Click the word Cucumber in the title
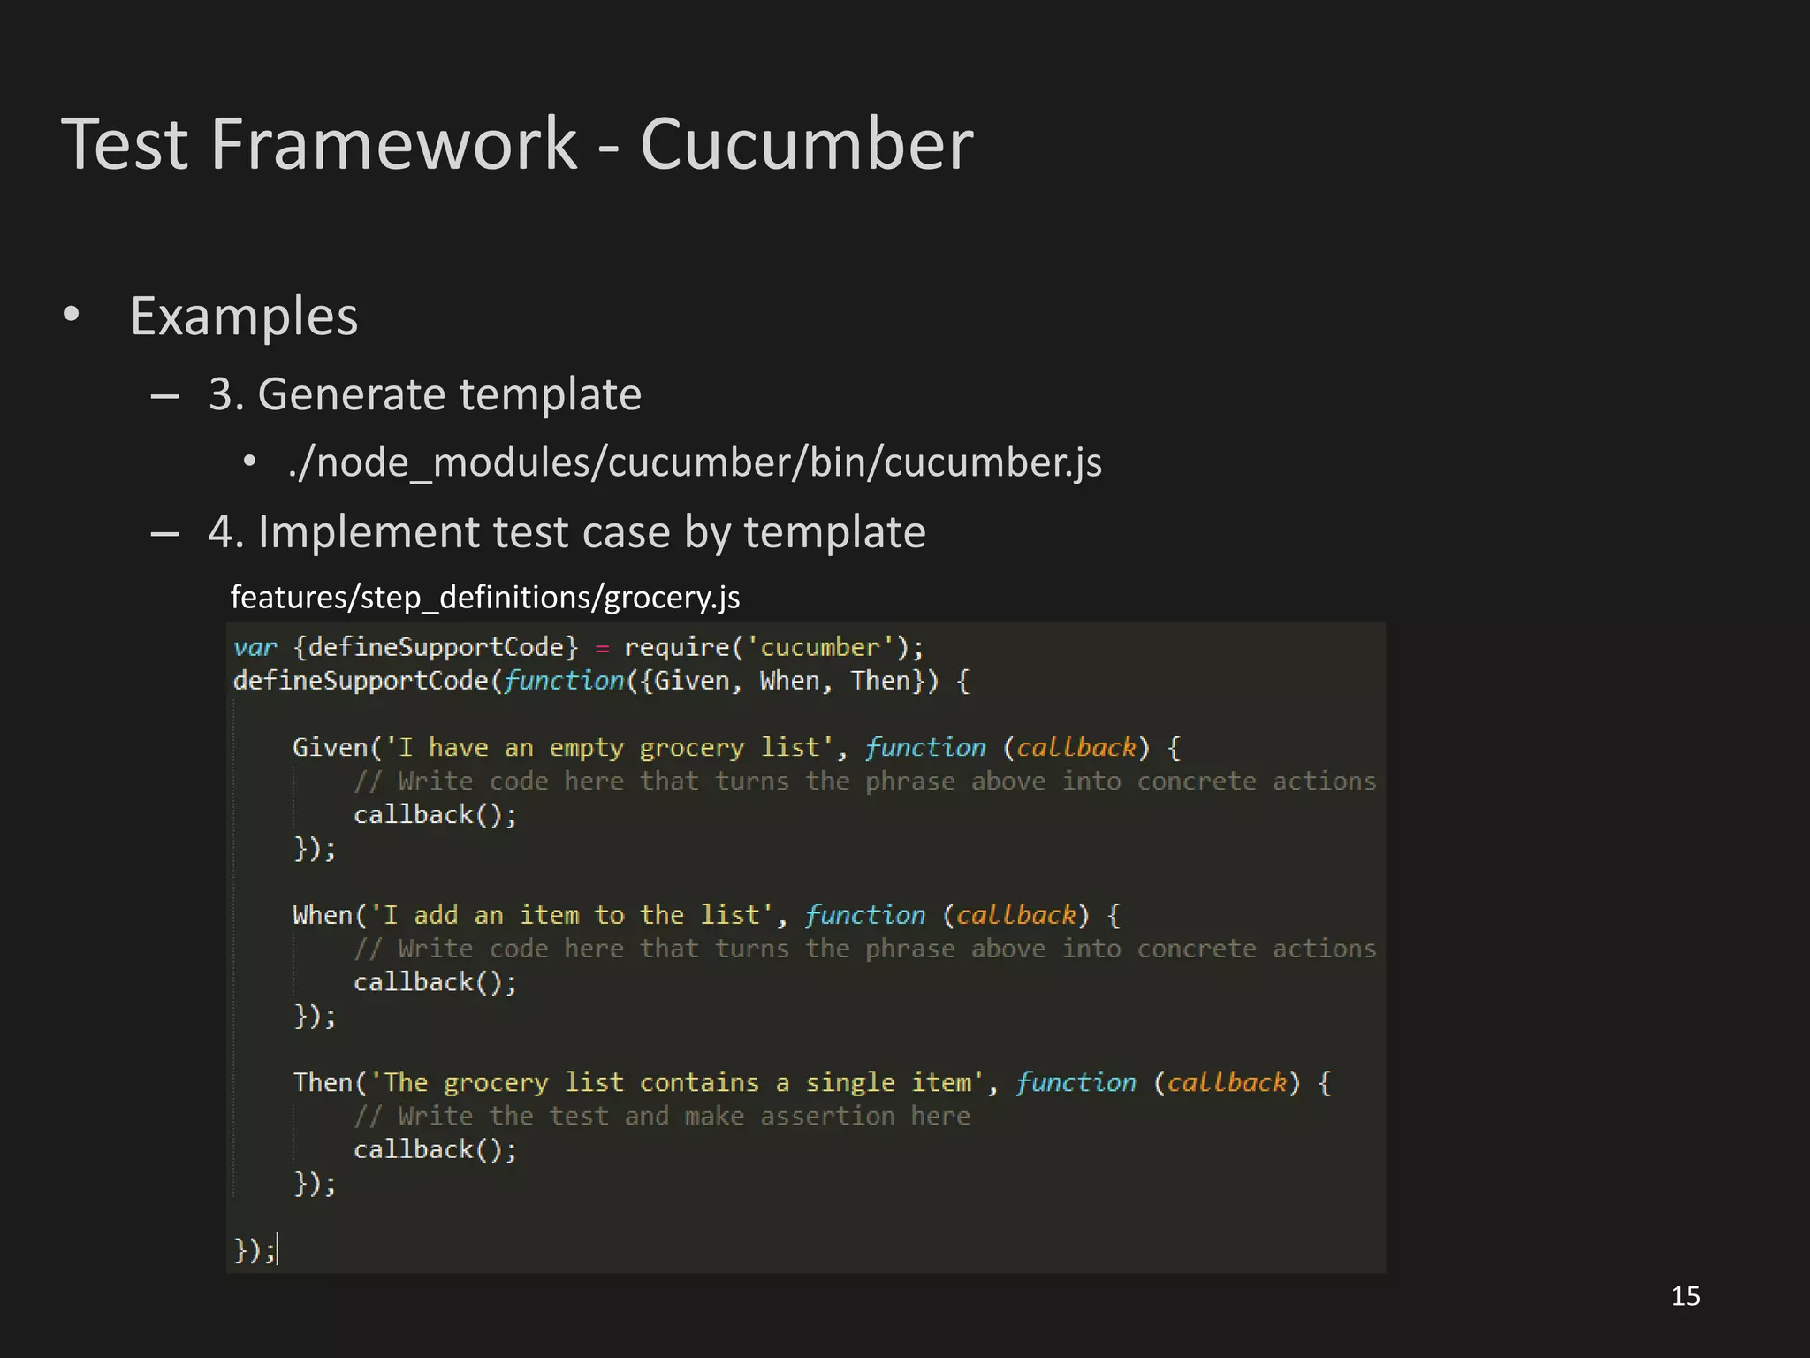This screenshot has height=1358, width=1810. pyautogui.click(x=806, y=144)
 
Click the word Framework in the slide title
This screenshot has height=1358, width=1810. pyautogui.click(x=393, y=144)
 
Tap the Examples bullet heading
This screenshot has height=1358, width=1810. pyautogui.click(x=244, y=316)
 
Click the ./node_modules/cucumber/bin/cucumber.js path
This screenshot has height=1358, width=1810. pyautogui.click(x=695, y=462)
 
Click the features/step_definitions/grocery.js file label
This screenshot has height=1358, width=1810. pyautogui.click(x=485, y=598)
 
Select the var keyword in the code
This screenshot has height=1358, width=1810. pyautogui.click(x=255, y=647)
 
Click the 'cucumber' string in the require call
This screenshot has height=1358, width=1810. pyautogui.click(x=821, y=647)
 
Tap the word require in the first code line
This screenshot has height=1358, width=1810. pyautogui.click(x=677, y=647)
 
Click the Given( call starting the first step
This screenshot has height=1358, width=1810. pyautogui.click(x=336, y=748)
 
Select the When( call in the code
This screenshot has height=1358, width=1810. pyautogui.click(x=328, y=915)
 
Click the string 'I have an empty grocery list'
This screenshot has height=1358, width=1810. pyautogui.click(x=610, y=748)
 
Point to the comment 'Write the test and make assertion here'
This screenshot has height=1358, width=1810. pyautogui.click(x=662, y=1116)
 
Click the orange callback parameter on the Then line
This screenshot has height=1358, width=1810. pyautogui.click(x=1227, y=1082)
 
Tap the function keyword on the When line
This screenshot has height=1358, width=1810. pyautogui.click(x=865, y=915)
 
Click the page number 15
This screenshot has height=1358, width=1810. pyautogui.click(x=1685, y=1296)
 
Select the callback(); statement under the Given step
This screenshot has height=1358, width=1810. pyautogui.click(x=435, y=815)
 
